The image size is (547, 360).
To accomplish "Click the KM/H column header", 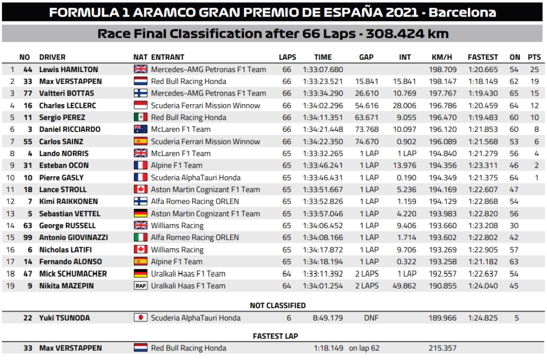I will [442, 57].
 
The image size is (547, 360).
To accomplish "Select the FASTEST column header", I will [482, 57].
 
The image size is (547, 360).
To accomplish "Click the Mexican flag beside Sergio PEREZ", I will [140, 118].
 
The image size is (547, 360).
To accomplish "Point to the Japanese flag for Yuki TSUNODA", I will [140, 318].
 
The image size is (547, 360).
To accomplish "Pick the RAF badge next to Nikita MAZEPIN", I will [140, 286].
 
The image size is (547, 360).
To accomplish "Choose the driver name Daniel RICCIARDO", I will [69, 129].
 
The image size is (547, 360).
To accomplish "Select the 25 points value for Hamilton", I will [534, 69].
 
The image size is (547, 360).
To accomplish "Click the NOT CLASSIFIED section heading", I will [278, 306].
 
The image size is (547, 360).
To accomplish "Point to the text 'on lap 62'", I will [364, 348].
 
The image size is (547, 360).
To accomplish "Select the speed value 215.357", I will [442, 348].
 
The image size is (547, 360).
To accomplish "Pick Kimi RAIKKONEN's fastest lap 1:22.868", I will [482, 201].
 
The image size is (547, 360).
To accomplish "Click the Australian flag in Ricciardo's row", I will [140, 129].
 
